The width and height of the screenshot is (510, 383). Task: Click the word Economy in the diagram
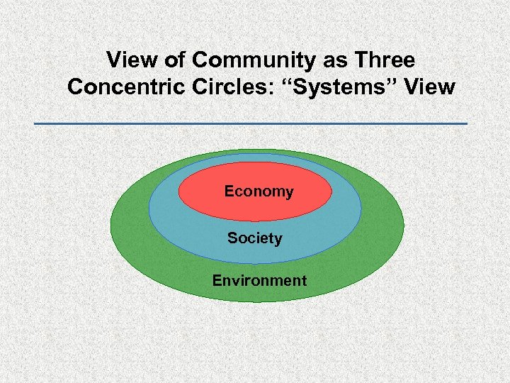click(259, 191)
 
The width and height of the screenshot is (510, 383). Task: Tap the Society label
click(254, 238)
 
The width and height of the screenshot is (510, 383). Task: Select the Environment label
click(259, 280)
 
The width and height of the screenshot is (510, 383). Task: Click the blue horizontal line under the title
click(251, 124)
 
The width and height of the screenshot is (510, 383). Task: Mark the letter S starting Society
click(232, 238)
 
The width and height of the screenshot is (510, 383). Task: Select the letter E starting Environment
click(217, 280)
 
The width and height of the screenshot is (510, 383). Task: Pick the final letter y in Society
click(278, 240)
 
